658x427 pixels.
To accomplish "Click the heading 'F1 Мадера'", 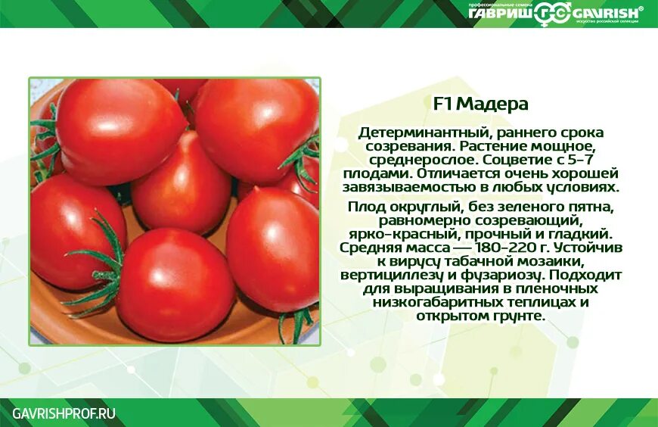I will pyautogui.click(x=480, y=104).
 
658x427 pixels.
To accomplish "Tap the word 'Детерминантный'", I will pyautogui.click(x=414, y=132).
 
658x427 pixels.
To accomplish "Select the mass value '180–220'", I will pyautogui.click(x=513, y=248).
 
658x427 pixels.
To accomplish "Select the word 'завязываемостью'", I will pyautogui.click(x=399, y=187).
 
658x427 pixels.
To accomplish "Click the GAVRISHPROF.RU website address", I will pyautogui.click(x=64, y=413).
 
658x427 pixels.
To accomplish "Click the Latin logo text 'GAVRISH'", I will pyautogui.click(x=605, y=12).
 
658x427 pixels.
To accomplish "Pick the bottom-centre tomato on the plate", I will pyautogui.click(x=174, y=284).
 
